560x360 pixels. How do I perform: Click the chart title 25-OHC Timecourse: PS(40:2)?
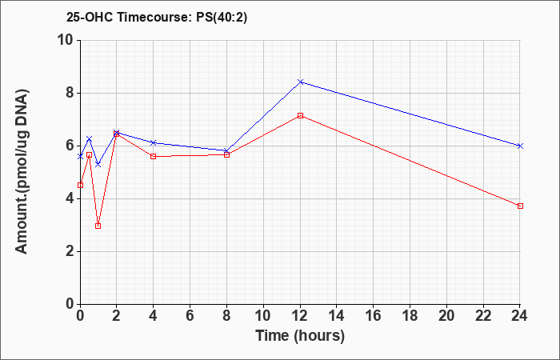(157, 18)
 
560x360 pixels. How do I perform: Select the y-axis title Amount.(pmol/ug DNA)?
(22, 172)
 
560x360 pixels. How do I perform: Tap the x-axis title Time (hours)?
(300, 336)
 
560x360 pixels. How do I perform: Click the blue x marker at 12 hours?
(300, 82)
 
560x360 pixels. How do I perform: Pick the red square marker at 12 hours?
(300, 115)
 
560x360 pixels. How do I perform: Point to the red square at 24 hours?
(520, 206)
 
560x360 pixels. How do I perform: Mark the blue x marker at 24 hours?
(520, 146)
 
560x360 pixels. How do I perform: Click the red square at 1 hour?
(98, 226)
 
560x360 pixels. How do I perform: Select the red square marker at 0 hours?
(80, 185)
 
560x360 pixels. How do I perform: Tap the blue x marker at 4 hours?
(154, 142)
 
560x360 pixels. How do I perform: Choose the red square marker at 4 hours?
(154, 157)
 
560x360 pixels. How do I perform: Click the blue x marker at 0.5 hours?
(90, 138)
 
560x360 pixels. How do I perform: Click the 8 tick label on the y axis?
(70, 93)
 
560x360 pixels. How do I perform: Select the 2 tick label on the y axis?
(70, 251)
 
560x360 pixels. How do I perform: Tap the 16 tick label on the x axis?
(374, 316)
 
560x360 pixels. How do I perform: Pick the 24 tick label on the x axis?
(519, 316)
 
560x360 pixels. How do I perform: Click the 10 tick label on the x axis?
(263, 316)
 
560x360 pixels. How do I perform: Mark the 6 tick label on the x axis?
(190, 316)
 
